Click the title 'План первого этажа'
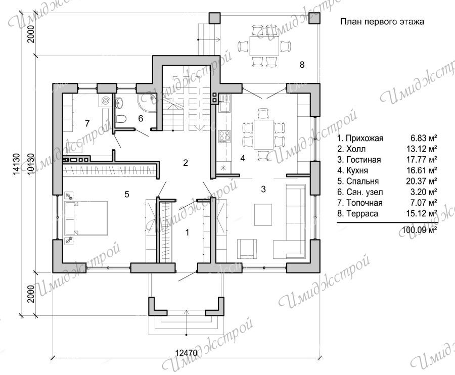pyautogui.click(x=382, y=22)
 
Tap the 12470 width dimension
pyautogui.click(x=187, y=353)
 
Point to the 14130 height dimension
pyautogui.click(x=17, y=164)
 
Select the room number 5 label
pyautogui.click(x=127, y=194)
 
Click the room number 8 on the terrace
pyautogui.click(x=302, y=65)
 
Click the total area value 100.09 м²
pyautogui.click(x=420, y=230)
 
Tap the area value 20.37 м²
pyautogui.click(x=422, y=181)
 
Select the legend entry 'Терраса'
pyautogui.click(x=362, y=214)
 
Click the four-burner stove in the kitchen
pyautogui.click(x=224, y=136)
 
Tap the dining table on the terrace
pyautogui.click(x=264, y=46)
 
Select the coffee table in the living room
pyautogui.click(x=263, y=215)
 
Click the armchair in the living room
pyautogui.click(x=247, y=249)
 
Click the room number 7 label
pyautogui.click(x=87, y=124)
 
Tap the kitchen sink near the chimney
pyautogui.click(x=224, y=105)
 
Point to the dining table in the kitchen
pyautogui.click(x=264, y=134)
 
